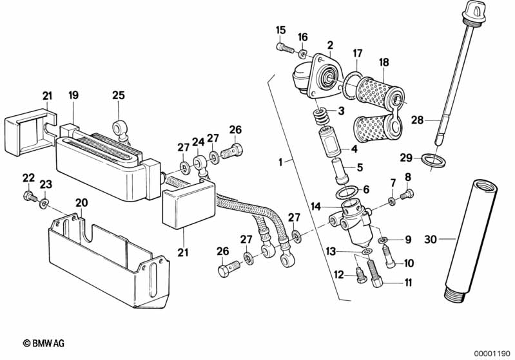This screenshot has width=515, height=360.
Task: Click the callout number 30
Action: coord(431,240)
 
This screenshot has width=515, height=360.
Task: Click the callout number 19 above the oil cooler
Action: coord(73,95)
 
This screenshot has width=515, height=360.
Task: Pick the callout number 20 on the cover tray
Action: coord(81,202)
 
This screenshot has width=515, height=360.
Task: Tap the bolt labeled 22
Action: coord(30,196)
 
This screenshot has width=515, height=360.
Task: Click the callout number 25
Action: coord(117,95)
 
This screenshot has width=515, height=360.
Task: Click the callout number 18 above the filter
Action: coord(384,62)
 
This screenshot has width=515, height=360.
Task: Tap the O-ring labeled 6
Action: coord(349,191)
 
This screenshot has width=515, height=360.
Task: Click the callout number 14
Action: coord(316,206)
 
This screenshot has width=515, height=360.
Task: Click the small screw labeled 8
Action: coord(406,193)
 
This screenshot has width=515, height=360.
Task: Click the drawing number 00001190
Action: coord(490,352)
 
